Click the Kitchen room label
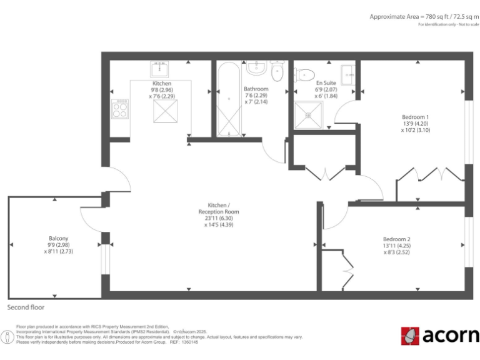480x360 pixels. (x=162, y=83)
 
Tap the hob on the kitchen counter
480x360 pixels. (x=119, y=110)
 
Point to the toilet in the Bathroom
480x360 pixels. (x=278, y=71)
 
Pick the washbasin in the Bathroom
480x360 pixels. (x=256, y=67)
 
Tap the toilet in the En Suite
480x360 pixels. (x=304, y=75)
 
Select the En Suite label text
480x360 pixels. (x=326, y=82)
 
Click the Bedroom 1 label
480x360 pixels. (x=415, y=117)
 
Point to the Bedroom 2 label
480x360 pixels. (x=396, y=239)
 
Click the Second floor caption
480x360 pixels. (x=26, y=307)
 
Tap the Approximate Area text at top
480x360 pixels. (x=422, y=16)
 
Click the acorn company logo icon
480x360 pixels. (x=410, y=336)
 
